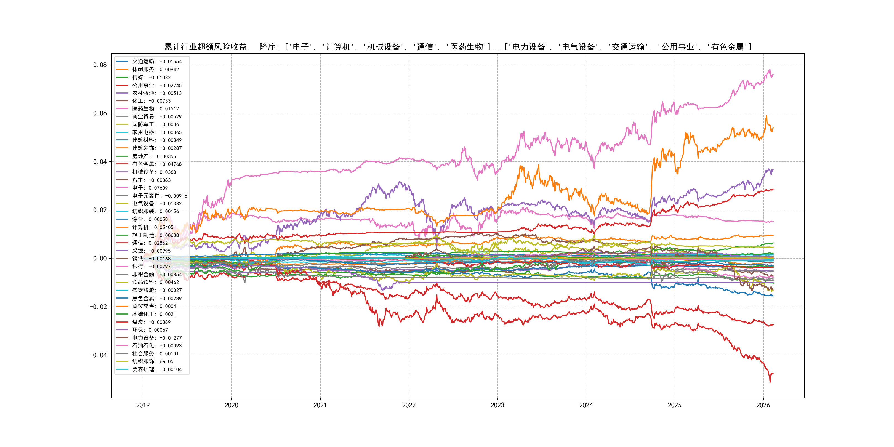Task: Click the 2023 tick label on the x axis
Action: (497, 405)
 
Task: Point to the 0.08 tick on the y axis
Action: (100, 65)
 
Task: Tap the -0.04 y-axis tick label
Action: (98, 355)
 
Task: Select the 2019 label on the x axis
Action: (143, 405)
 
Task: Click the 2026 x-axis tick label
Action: (763, 405)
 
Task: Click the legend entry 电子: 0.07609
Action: (150, 188)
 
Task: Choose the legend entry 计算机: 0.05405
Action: (152, 227)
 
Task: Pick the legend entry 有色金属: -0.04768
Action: (156, 164)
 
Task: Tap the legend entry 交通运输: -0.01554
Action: (156, 62)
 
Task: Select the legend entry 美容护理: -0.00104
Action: (156, 369)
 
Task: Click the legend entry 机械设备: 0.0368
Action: (154, 172)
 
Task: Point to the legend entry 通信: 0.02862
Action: (150, 243)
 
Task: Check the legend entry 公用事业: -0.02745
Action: (156, 85)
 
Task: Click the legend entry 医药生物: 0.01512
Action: (155, 109)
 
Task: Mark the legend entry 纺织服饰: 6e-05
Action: (152, 361)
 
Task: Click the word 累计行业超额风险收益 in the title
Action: (206, 47)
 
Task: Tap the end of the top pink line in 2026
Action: (773, 74)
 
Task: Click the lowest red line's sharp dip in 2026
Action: (770, 382)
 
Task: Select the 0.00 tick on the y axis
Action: (100, 258)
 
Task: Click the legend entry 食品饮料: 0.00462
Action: (155, 282)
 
